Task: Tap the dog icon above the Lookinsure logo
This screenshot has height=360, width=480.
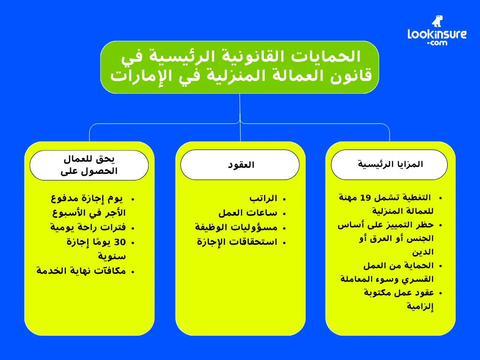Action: pos(437,21)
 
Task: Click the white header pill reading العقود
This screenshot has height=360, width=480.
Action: pos(240,165)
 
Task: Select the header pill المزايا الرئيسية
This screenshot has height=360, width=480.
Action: pos(390,165)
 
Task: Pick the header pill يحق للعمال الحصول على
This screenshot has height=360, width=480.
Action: pos(89,165)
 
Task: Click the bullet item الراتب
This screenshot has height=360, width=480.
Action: pos(263,198)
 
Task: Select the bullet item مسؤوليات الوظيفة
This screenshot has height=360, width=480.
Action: pos(236,227)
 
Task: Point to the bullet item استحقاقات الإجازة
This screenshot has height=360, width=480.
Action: pos(237,242)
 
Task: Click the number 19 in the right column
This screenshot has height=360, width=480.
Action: pos(366,197)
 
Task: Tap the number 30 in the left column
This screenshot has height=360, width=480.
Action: pos(120,242)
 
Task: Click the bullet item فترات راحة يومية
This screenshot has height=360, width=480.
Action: pos(88,227)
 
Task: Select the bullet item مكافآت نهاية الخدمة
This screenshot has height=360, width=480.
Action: pos(81,271)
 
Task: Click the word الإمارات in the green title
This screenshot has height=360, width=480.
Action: pos(133,75)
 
